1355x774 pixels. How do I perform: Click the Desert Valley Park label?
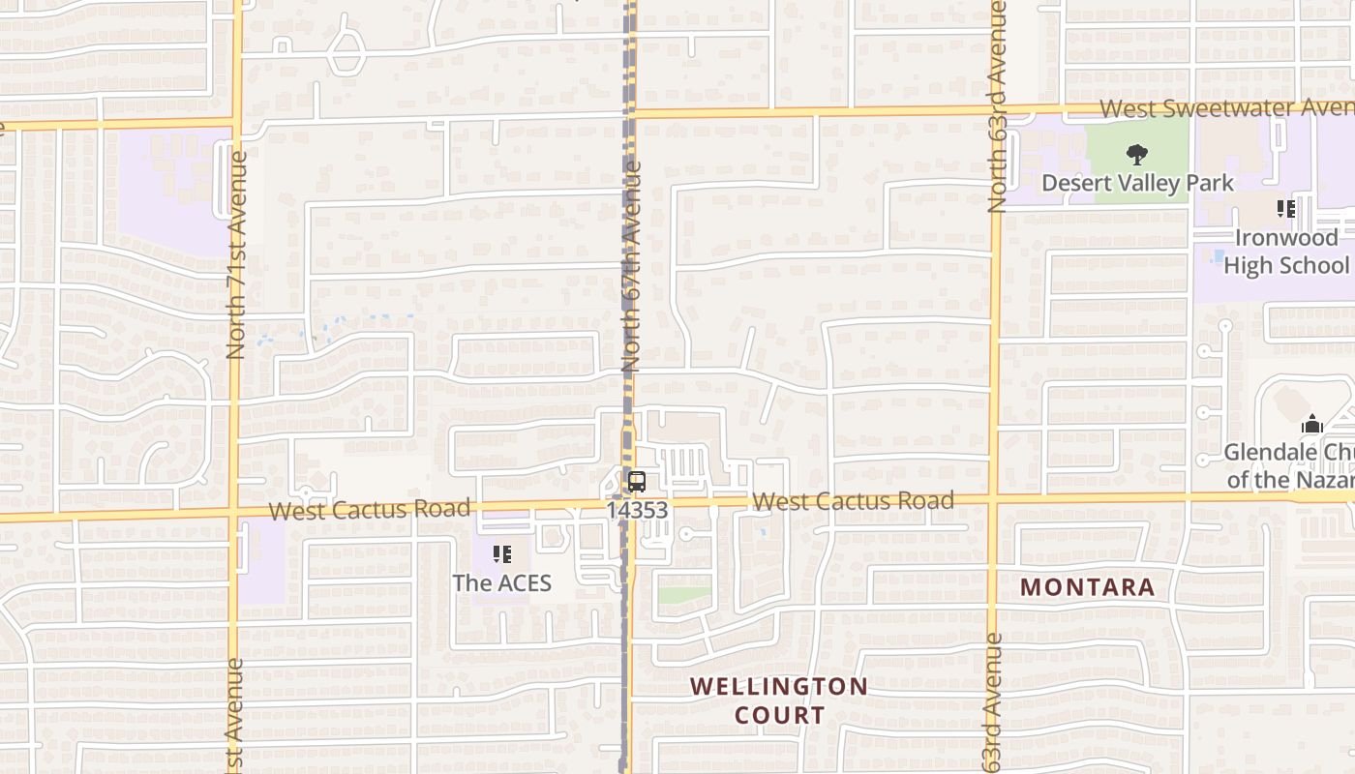pyautogui.click(x=1137, y=183)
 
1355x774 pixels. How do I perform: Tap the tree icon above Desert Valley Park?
pyautogui.click(x=1137, y=154)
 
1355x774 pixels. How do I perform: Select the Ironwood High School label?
pyautogui.click(x=1286, y=252)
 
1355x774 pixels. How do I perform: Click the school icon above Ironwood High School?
pyautogui.click(x=1286, y=209)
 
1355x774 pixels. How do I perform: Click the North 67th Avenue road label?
pyautogui.click(x=632, y=267)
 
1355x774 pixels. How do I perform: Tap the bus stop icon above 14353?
pyautogui.click(x=636, y=482)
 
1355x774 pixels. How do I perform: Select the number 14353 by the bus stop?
pyautogui.click(x=637, y=510)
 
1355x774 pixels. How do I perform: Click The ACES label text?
pyautogui.click(x=501, y=582)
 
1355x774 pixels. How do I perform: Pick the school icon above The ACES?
pyautogui.click(x=501, y=554)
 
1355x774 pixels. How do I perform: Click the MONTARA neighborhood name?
pyautogui.click(x=1088, y=587)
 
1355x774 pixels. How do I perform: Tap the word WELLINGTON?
pyautogui.click(x=778, y=687)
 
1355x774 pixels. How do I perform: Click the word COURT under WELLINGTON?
pyautogui.click(x=779, y=716)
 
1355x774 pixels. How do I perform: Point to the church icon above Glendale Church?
pyautogui.click(x=1311, y=424)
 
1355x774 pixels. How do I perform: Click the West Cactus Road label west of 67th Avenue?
pyautogui.click(x=370, y=509)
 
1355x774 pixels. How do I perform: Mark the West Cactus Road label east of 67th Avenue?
pyautogui.click(x=853, y=501)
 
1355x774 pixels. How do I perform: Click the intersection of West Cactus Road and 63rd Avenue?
pyautogui.click(x=994, y=499)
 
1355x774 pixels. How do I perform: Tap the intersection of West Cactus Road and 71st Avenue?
pyautogui.click(x=234, y=513)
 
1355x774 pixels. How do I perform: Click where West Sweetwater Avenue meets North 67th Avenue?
pyautogui.click(x=630, y=114)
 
